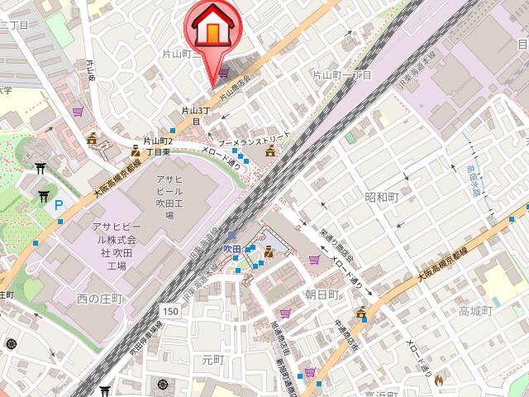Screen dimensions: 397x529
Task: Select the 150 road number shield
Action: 170,310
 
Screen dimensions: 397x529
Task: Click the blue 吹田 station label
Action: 232,248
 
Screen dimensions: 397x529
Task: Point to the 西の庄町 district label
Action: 99,297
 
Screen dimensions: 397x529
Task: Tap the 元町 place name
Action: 213,360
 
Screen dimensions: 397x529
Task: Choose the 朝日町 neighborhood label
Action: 322,294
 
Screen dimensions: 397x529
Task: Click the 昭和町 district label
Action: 381,197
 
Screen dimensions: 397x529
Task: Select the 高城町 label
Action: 475,311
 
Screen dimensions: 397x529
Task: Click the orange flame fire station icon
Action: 439,380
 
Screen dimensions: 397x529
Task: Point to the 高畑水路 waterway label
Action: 473,179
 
